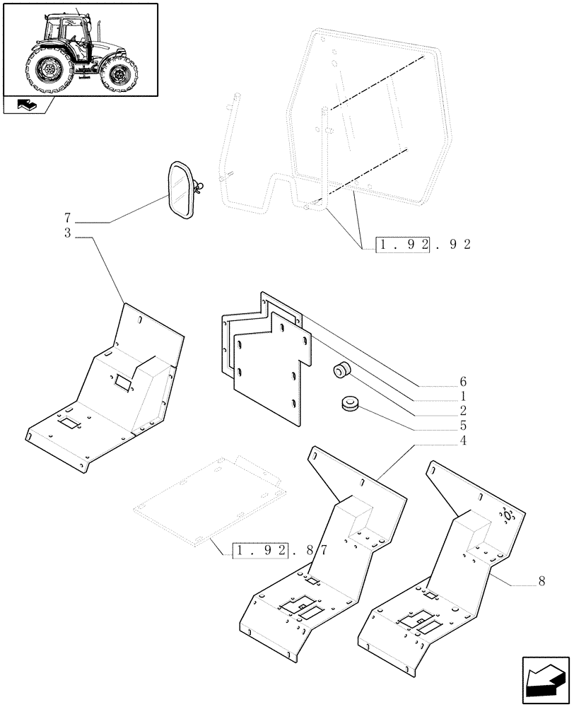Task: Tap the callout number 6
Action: tap(462, 381)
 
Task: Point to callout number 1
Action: tap(462, 396)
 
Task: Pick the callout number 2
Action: tap(462, 411)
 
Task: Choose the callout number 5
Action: tap(462, 426)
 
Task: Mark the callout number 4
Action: tap(462, 441)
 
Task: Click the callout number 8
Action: tap(541, 581)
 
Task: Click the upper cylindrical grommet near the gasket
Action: tap(343, 370)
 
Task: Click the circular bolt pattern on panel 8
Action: tap(506, 517)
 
